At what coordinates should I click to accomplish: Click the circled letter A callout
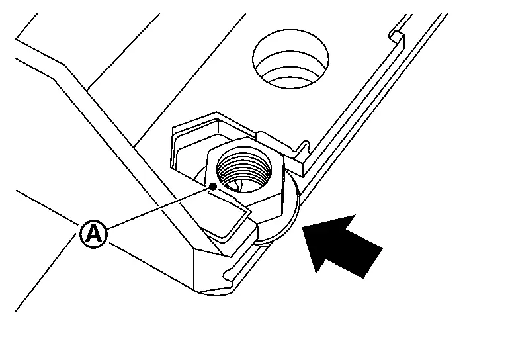tap(93, 234)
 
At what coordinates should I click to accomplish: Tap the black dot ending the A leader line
tap(213, 187)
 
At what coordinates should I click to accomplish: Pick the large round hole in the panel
tap(290, 59)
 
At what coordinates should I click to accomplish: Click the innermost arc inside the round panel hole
tap(290, 80)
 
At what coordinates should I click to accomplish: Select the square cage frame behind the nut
tap(194, 136)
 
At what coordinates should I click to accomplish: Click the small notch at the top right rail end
tap(397, 36)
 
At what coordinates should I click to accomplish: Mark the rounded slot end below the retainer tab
tap(228, 275)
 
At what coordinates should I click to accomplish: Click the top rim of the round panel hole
tap(290, 30)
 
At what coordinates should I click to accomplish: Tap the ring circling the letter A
tap(93, 220)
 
